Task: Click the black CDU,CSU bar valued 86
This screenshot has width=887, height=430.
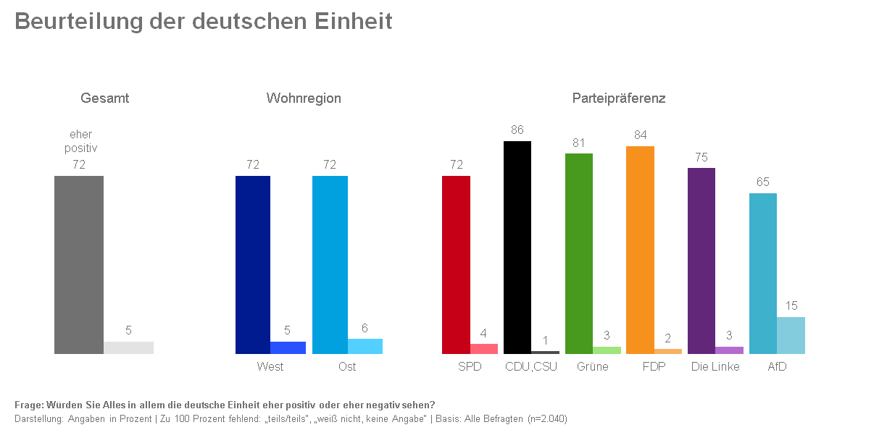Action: [517, 247]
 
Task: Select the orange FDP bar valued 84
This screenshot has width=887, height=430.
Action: [640, 250]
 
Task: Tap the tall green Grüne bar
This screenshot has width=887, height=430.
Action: [579, 253]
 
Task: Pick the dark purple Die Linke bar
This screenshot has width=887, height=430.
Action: [701, 261]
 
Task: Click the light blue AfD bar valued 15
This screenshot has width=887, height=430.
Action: [791, 335]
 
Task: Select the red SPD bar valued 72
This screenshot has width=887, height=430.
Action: [456, 265]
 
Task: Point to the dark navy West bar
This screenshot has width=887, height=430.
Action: [253, 265]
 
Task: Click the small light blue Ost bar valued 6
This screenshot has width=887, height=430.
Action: [365, 346]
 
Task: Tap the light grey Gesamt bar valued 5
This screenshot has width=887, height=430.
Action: [128, 347]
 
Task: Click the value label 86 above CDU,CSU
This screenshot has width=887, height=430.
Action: [517, 130]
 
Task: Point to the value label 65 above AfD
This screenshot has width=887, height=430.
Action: [763, 182]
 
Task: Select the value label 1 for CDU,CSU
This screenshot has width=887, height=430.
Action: [545, 340]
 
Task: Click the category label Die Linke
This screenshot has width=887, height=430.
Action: [715, 366]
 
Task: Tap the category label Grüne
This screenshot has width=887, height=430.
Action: [593, 366]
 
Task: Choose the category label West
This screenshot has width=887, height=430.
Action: [270, 366]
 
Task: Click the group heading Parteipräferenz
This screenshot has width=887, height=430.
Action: [619, 98]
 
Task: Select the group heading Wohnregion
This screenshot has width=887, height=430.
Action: [304, 98]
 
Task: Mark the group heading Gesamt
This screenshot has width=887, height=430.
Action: [104, 98]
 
